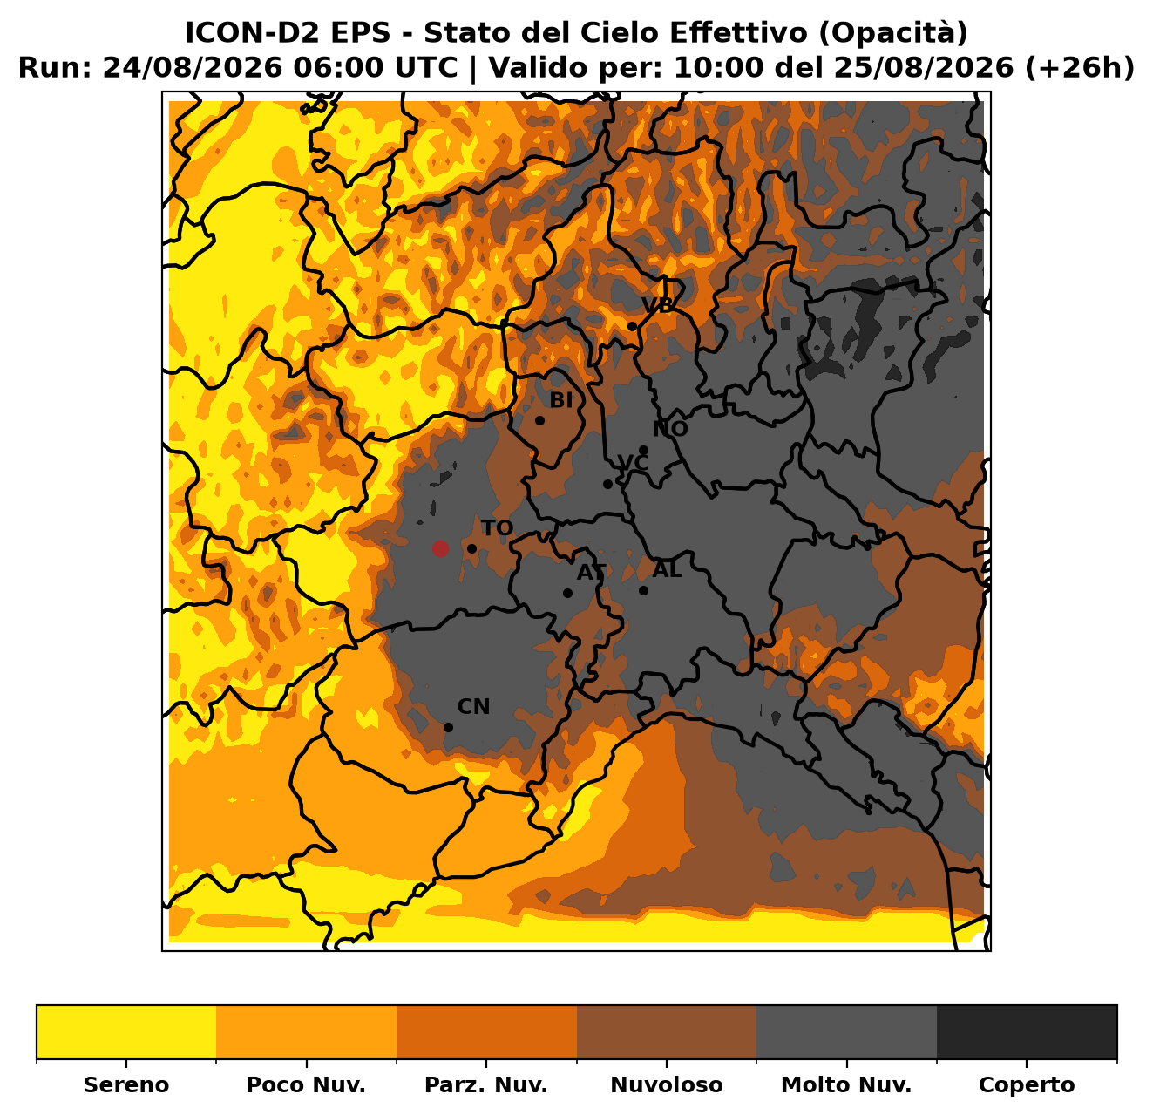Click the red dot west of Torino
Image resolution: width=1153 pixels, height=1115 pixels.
[x=439, y=548]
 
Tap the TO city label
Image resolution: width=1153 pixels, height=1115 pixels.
[x=497, y=527]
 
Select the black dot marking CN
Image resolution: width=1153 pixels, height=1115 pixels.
[x=448, y=727]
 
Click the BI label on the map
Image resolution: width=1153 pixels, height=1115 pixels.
[x=561, y=400]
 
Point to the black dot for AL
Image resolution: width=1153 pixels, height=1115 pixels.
[x=643, y=590]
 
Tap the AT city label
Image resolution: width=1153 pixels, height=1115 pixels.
[x=592, y=572]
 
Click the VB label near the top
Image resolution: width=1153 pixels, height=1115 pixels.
[x=657, y=304]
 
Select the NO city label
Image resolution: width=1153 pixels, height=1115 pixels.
[x=670, y=429]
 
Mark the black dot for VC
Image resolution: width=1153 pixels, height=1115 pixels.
[x=607, y=485]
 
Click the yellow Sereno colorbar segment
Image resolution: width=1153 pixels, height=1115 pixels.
[x=126, y=1032]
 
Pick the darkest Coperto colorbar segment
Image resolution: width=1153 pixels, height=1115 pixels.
[x=1027, y=1032]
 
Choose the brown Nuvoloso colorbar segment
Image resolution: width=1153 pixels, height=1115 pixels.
[x=667, y=1032]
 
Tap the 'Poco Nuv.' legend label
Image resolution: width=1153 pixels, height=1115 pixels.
[x=306, y=1084]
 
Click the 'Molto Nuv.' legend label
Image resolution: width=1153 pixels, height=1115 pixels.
[x=846, y=1084]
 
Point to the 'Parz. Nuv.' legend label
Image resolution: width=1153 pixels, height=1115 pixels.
[x=485, y=1084]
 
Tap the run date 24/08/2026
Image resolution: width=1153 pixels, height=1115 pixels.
[x=193, y=68]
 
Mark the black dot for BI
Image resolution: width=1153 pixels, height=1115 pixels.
[x=539, y=420]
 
